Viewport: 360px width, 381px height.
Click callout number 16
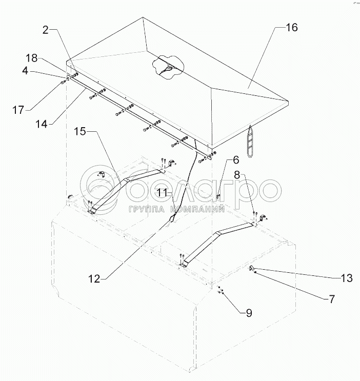point(291,28)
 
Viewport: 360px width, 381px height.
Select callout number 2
point(46,30)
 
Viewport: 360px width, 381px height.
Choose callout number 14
point(43,124)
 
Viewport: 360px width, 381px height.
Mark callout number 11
point(163,193)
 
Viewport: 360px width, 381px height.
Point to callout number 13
point(347,278)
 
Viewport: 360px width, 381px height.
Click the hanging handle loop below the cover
point(251,139)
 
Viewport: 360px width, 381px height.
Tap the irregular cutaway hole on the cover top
point(167,67)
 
